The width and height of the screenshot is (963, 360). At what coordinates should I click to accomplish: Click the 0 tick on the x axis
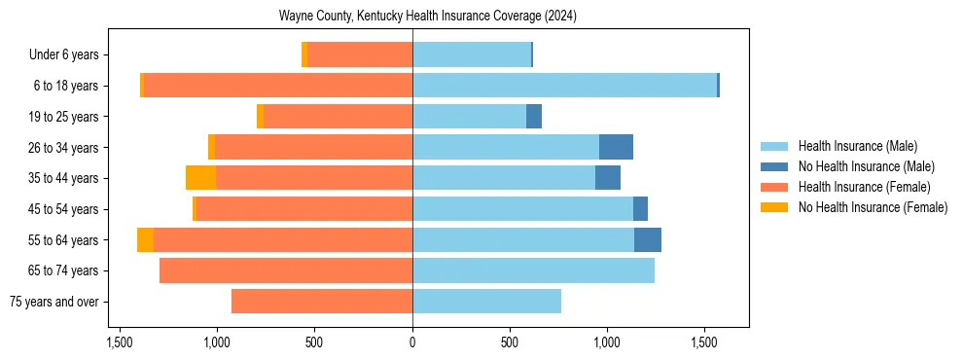point(412,343)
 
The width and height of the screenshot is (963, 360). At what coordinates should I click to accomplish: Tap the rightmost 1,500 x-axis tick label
point(704,343)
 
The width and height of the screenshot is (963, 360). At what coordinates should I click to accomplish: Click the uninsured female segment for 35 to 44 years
point(200,178)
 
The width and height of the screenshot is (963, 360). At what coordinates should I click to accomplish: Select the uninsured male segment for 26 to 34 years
point(616,147)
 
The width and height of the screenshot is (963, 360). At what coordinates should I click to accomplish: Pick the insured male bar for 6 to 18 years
point(564,86)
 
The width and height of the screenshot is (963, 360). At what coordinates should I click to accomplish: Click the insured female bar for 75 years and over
point(322,302)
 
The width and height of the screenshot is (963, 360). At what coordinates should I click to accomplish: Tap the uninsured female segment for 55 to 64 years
point(145,239)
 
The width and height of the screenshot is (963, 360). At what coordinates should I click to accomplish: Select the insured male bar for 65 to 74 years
point(533,270)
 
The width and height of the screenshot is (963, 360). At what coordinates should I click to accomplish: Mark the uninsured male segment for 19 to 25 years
point(534,117)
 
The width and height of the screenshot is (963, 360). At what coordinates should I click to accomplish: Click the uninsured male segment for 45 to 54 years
point(640,209)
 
